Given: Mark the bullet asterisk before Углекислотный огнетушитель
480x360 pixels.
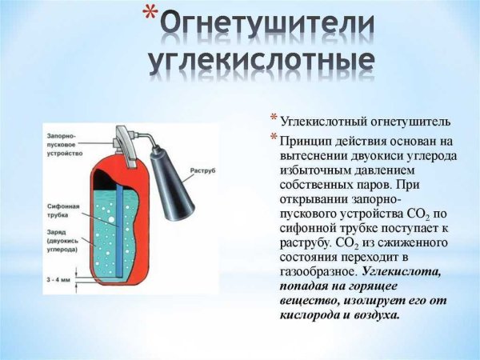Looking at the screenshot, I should click(x=273, y=120).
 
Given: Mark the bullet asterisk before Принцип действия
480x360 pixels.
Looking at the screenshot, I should click(x=273, y=138).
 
